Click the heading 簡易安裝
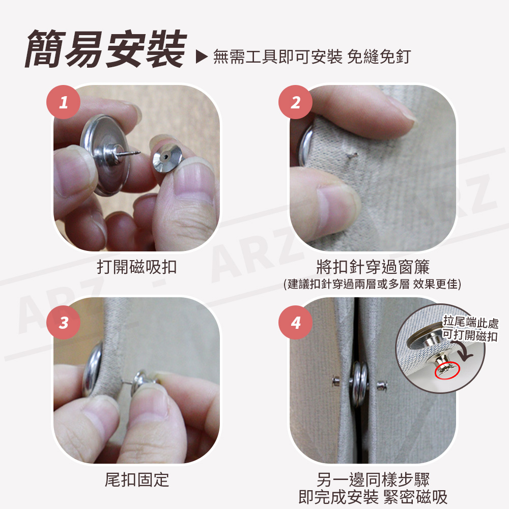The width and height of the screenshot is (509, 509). click(106, 49)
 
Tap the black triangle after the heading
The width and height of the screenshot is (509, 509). click(201, 56)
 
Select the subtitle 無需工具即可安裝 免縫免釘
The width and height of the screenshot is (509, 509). click(312, 57)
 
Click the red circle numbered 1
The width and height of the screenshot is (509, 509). click(63, 102)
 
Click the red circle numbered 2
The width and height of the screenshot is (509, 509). click(295, 102)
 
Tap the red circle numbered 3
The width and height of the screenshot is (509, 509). click(63, 322)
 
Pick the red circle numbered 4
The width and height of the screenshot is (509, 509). click(295, 322)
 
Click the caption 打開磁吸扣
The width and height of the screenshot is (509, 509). click(136, 267)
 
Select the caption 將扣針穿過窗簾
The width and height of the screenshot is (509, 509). click(373, 267)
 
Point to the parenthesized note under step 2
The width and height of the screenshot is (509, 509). click(373, 284)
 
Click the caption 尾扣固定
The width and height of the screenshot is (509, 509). click(136, 480)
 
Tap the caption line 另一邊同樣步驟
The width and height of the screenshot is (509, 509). click(373, 479)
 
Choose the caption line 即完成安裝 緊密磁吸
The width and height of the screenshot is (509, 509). click(373, 497)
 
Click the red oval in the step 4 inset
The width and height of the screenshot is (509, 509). click(447, 371)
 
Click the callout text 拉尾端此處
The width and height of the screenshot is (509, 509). click(471, 322)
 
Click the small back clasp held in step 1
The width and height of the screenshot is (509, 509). click(167, 157)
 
